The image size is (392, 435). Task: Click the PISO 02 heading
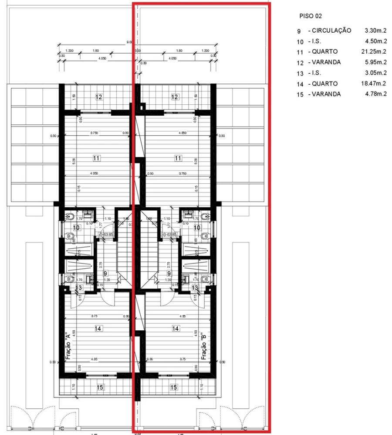(310, 16)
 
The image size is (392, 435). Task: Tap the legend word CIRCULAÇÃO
(329, 31)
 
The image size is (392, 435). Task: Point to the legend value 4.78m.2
(376, 94)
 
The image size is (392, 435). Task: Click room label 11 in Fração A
(97, 158)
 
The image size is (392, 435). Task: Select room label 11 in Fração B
(178, 158)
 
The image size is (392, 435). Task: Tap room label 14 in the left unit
(99, 328)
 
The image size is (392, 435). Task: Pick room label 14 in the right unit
(176, 328)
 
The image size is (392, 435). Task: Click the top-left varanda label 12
(99, 97)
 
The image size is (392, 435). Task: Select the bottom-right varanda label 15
(174, 387)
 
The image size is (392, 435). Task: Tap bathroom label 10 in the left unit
(76, 227)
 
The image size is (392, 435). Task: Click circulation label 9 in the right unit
(169, 274)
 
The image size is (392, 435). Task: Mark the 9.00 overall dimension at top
(129, 42)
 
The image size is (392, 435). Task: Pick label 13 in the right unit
(195, 288)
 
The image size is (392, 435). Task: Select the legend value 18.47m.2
(376, 84)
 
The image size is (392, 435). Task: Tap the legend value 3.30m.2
(376, 31)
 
